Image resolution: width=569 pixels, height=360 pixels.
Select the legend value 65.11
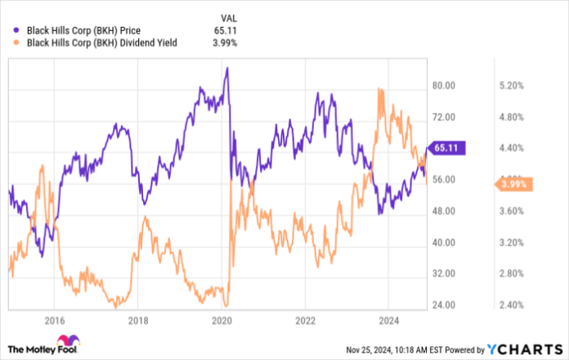pos(224,30)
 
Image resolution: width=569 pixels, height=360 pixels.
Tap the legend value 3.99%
pos(224,43)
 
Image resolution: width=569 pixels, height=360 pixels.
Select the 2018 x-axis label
pos(137,320)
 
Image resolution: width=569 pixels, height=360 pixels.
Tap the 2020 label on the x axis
pos(222,320)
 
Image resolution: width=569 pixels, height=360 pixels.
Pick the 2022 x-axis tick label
pos(306,320)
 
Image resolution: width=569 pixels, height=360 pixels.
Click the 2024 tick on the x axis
pos(389,320)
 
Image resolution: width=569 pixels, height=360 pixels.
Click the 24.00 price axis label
pos(443,305)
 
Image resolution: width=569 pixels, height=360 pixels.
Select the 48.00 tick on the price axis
pos(443,211)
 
